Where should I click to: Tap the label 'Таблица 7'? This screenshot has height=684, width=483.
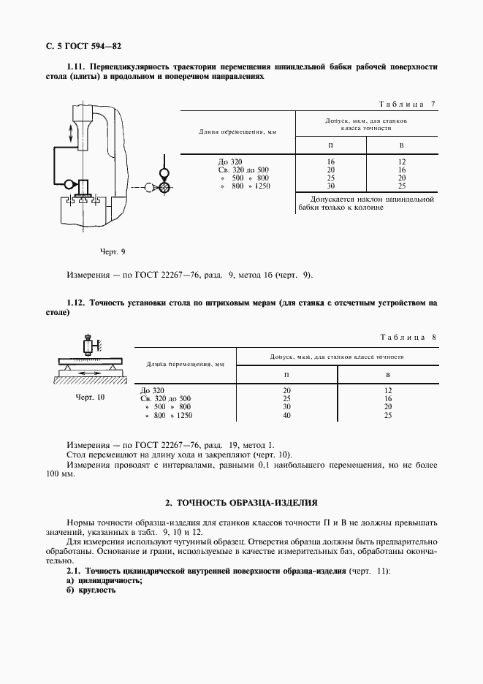click(x=408, y=104)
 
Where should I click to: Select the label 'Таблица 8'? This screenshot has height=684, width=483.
click(x=408, y=337)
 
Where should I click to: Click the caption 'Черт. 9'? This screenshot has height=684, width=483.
click(x=113, y=252)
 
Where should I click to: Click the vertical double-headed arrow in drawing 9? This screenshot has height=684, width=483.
click(x=70, y=133)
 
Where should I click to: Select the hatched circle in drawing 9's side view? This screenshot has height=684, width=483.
click(x=165, y=188)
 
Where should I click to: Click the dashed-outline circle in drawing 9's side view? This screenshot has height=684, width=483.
click(x=151, y=188)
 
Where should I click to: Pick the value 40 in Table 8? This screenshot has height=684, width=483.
click(x=286, y=415)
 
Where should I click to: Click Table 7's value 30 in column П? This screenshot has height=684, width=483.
click(x=330, y=186)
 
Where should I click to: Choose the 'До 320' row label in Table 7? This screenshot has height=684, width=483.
click(x=231, y=161)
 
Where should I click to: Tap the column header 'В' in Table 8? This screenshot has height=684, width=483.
click(x=387, y=374)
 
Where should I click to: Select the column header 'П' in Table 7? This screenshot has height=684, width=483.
click(x=330, y=145)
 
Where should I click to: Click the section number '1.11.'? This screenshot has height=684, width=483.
click(x=77, y=66)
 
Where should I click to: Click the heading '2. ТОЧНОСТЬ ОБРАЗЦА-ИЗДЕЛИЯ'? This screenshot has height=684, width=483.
click(x=241, y=503)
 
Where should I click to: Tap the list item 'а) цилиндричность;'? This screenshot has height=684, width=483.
click(x=104, y=580)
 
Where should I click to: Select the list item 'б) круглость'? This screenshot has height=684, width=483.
click(x=91, y=590)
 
